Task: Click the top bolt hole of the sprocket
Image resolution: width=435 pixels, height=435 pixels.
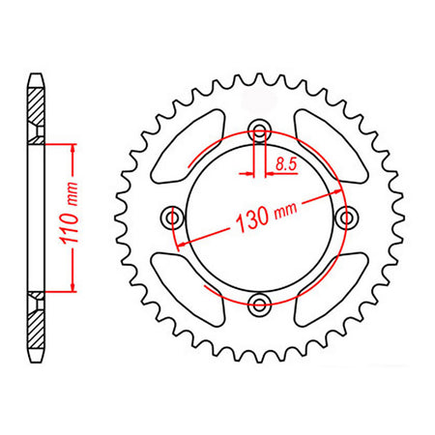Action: coord(259,131)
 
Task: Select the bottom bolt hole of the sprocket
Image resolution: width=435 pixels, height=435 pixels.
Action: coord(259,305)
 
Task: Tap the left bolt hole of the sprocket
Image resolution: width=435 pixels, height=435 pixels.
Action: coord(174,217)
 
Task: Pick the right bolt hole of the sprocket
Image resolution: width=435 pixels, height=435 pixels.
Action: coord(345,219)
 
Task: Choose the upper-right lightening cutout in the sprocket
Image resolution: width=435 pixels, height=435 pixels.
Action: coord(323,145)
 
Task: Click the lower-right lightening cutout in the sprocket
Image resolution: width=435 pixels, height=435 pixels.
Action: coord(324,289)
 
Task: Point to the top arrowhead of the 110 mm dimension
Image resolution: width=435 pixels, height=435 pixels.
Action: coord(71,148)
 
